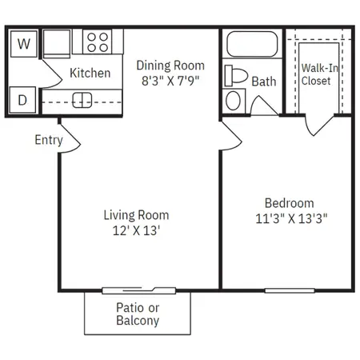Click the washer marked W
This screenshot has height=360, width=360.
click(24, 44)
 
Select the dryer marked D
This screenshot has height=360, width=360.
click(22, 100)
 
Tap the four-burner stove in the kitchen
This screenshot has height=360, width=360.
click(98, 42)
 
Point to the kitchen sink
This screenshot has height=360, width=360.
click(82, 100)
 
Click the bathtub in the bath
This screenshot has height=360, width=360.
click(252, 44)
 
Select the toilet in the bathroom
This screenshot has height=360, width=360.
click(236, 75)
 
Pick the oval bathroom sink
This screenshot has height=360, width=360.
click(233, 101)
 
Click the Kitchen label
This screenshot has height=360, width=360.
click(90, 73)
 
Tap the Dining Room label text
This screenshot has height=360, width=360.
click(170, 66)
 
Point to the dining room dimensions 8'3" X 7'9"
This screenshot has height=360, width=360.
click(170, 81)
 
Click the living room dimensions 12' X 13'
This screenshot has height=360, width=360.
click(136, 230)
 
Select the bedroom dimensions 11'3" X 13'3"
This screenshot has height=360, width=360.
click(291, 218)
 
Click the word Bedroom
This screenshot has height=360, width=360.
click(290, 203)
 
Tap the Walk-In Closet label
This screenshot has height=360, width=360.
click(319, 74)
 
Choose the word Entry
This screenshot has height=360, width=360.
click(49, 140)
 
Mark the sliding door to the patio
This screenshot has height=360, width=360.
click(139, 290)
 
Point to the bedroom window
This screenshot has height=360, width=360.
click(290, 290)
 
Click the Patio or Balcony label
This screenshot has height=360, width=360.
click(138, 314)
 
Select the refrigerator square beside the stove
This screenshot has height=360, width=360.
click(57, 43)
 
